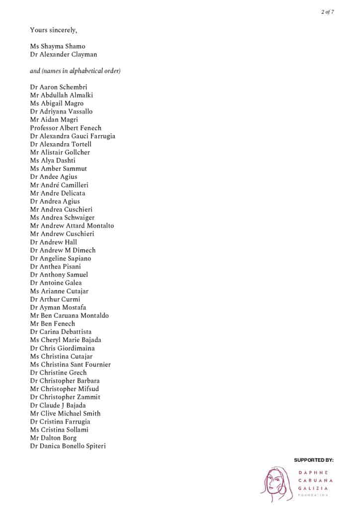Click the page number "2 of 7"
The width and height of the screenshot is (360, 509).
pos(327,12)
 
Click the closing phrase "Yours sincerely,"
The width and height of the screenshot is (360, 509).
pos(53,30)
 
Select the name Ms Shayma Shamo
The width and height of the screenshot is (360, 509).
pos(57,47)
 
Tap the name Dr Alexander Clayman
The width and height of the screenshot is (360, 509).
pos(63,55)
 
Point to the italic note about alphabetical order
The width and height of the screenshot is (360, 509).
pos(75,71)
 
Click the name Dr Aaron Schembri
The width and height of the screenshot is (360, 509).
pos(58,87)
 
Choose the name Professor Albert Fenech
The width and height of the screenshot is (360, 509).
pos(65,128)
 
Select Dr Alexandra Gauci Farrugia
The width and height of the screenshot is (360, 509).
pos(73,136)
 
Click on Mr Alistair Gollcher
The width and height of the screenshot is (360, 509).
pos(60,153)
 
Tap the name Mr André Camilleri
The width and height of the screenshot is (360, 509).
pos(59,185)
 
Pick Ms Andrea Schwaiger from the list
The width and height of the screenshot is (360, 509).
pos(62,218)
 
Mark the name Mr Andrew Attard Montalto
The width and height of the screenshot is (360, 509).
pos(72,226)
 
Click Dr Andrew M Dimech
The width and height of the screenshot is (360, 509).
pos(63,251)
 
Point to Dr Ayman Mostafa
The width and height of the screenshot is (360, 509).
pos(58,308)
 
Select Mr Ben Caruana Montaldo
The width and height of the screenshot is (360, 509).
pos(69,316)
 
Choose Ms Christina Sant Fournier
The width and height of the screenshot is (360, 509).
pos(70,365)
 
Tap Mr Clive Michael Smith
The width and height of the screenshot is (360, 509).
pos(65,414)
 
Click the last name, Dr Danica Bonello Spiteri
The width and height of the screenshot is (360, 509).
pos(68,446)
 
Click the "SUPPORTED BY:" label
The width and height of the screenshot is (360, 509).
pos(313,460)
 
